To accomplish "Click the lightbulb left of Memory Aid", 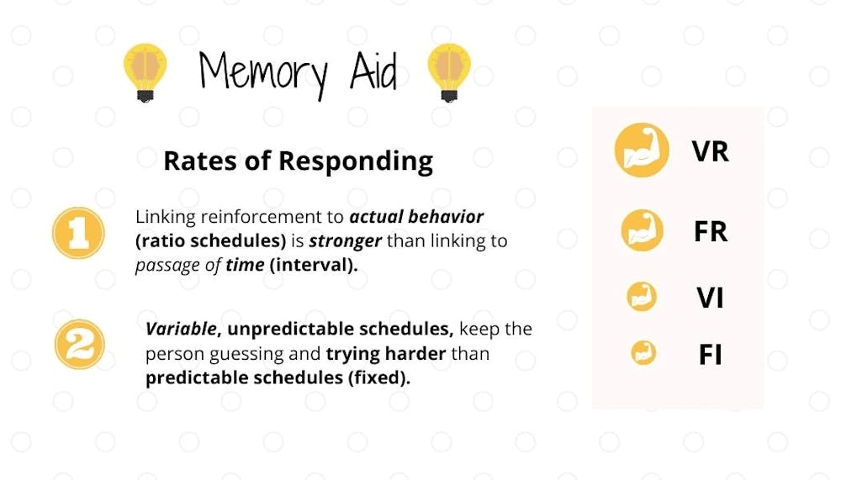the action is [145, 72].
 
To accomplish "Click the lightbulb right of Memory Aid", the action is [449, 72].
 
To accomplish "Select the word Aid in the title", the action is [374, 71].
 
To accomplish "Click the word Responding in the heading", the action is [356, 161].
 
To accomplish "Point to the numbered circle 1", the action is [79, 234].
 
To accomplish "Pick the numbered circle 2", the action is [79, 345].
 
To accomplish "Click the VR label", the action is [710, 151].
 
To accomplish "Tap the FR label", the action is [710, 232].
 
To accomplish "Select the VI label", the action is [710, 298].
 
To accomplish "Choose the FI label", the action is [710, 355].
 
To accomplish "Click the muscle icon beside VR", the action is [642, 150].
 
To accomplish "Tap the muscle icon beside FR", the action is [642, 230].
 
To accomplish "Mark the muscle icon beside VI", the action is [642, 297].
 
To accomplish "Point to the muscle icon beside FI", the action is [643, 353].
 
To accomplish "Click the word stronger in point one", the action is [345, 241].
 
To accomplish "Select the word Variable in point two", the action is [181, 329].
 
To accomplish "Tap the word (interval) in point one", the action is [313, 265].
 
